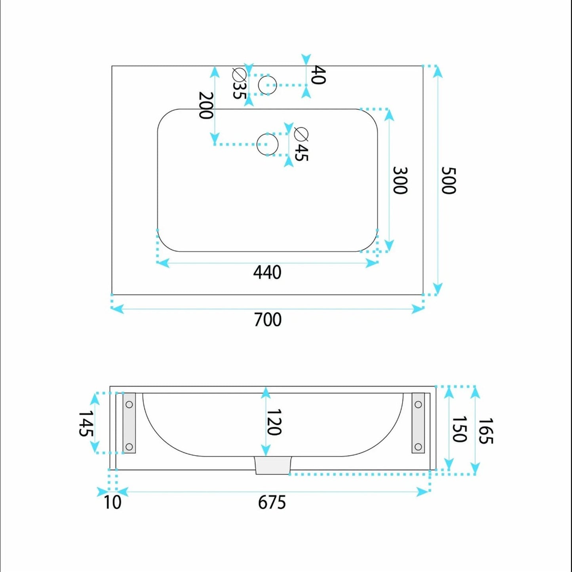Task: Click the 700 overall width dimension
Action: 268,320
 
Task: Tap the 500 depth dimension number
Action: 448,181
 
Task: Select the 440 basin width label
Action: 267,272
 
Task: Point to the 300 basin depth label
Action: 400,180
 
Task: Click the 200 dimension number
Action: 206,105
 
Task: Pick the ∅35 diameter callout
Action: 239,84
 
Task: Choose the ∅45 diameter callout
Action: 301,144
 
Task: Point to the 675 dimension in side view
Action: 272,503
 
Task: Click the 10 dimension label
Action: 112,503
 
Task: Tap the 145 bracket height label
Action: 86,424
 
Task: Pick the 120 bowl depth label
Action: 274,422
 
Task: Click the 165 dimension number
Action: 486,431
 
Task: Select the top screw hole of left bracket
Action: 129,404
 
